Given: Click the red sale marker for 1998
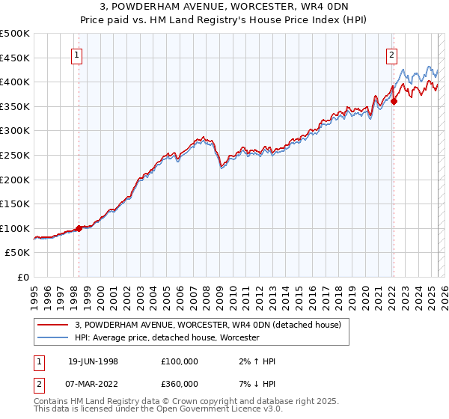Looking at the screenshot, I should coord(79,228).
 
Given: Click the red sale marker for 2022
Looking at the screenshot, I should coord(394,102).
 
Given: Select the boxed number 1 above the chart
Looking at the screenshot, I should coord(79,54).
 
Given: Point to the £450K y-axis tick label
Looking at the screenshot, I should coord(15,58).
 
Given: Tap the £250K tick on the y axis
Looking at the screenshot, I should coord(15,155).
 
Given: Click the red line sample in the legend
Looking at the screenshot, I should coord(52,325).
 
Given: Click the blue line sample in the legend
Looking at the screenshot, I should coord(52,338).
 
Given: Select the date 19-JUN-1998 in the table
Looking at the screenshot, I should coord(92,361).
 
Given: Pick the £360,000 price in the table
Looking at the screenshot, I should coord(180,384).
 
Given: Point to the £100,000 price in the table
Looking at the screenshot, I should coord(180,361).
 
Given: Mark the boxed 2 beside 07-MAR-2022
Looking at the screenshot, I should coord(37,384).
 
